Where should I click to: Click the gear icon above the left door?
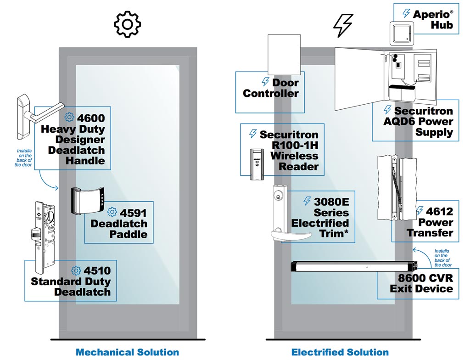click(x=127, y=24)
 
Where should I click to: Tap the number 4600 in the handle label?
click(x=91, y=118)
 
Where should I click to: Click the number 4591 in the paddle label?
click(x=134, y=213)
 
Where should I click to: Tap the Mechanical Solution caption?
click(x=127, y=352)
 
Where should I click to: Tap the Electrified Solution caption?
click(x=340, y=352)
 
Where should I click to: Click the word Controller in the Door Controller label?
click(x=271, y=93)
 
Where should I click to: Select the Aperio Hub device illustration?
click(x=403, y=33)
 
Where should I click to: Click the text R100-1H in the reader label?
click(x=294, y=145)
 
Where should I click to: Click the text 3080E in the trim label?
click(x=332, y=202)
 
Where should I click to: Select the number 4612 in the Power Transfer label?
click(x=439, y=212)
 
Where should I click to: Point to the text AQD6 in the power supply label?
click(x=399, y=122)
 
